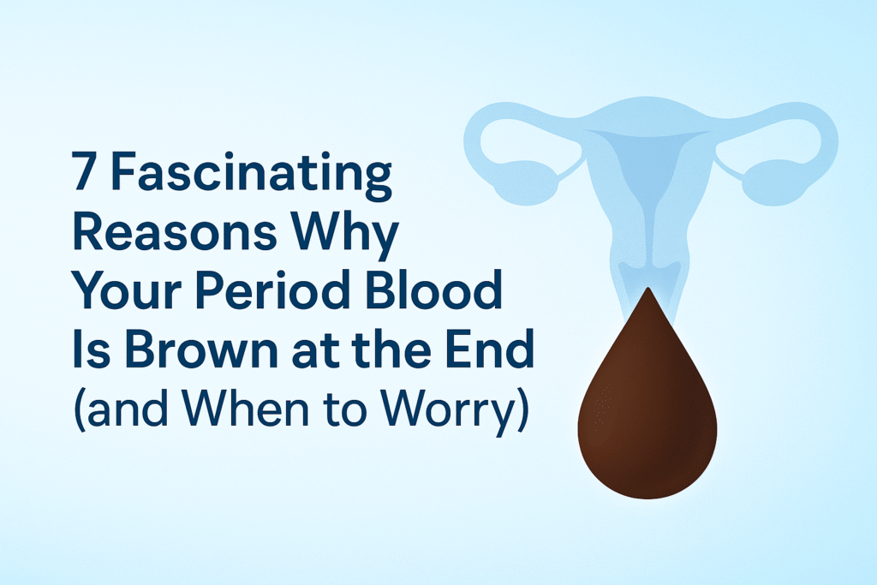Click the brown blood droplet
(647, 411)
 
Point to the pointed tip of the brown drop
(647, 293)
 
